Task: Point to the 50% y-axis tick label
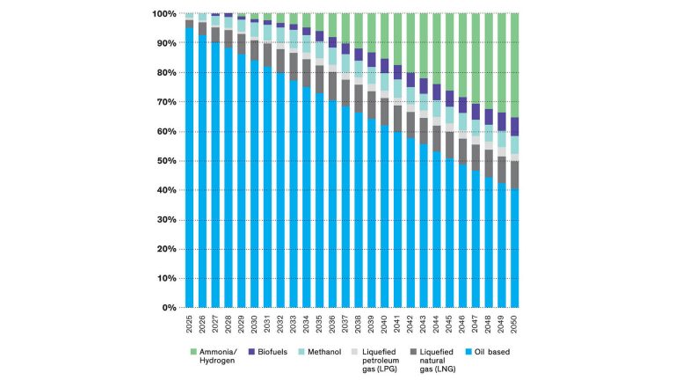(x=166, y=161)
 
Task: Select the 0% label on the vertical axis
(x=169, y=308)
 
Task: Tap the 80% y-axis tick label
(x=166, y=73)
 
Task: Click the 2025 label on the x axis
(x=189, y=325)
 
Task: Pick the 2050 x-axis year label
(x=514, y=325)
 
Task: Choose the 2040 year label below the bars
(x=384, y=325)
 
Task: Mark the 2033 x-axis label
(x=294, y=325)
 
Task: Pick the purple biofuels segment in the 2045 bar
(x=449, y=99)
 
